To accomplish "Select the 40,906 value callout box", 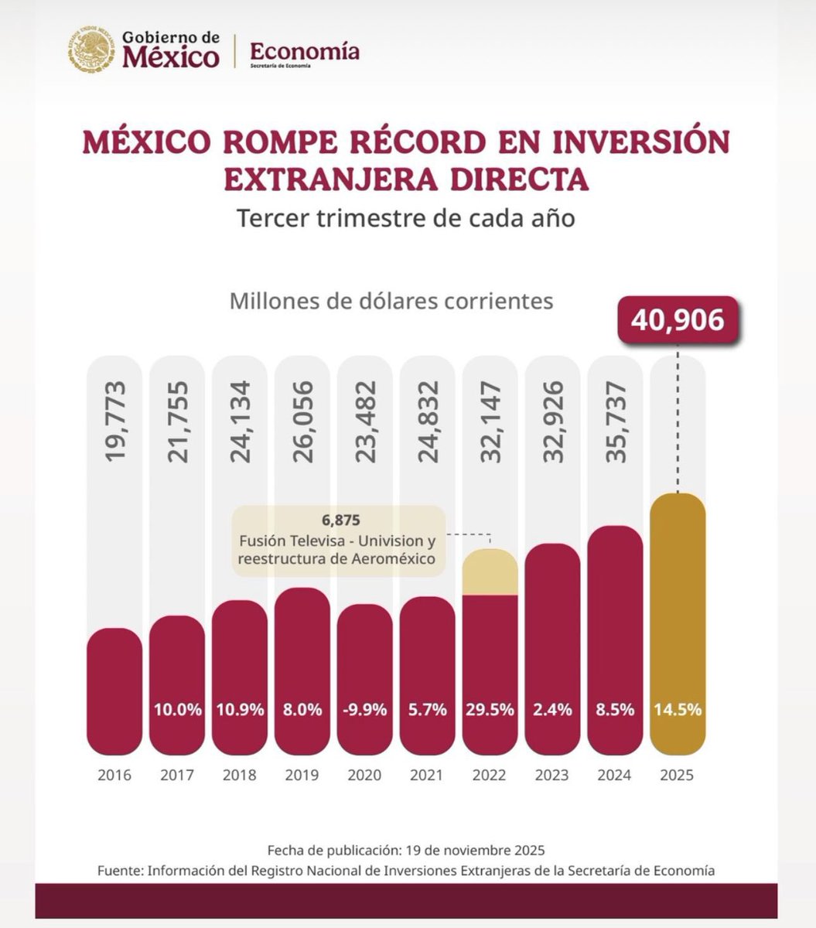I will coord(678,319).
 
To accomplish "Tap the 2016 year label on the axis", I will coord(114,775).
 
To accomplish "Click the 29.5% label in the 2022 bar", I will coord(490,708).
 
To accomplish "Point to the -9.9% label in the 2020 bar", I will coord(365,708).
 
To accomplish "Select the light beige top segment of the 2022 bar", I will coord(490,572).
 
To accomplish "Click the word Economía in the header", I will coord(305,52).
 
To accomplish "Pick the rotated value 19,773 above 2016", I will coord(114,421).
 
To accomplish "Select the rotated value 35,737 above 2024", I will coord(615,421).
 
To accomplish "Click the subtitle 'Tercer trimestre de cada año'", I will coord(406,218).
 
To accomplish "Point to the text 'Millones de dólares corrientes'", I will coord(391,300).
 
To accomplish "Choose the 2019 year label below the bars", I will coord(302,775).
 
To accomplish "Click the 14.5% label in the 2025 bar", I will coord(678,708).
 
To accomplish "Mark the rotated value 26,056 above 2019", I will coord(302,421).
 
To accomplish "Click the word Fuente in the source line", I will coord(120,870).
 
